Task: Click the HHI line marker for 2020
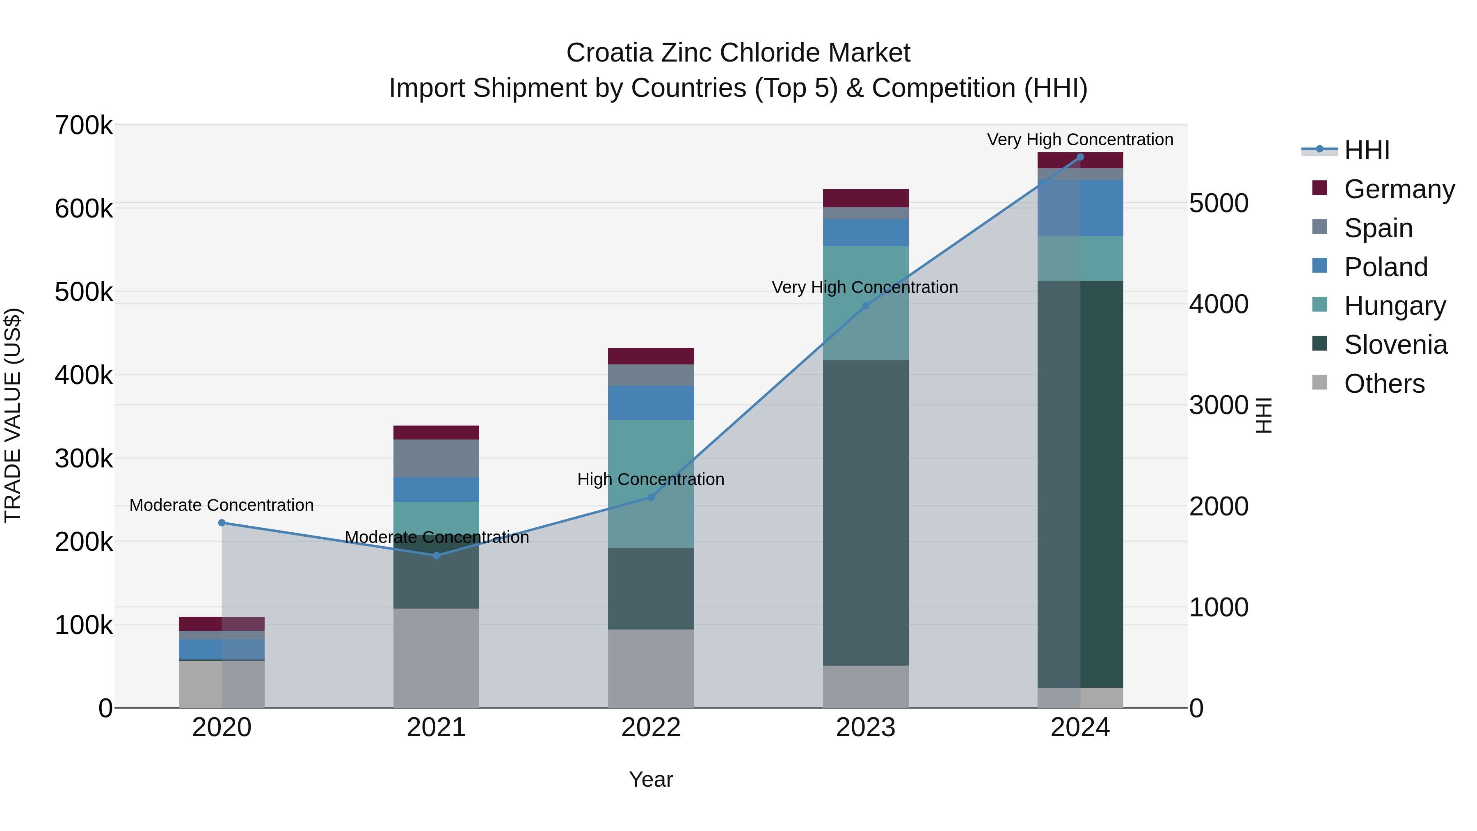[x=222, y=522]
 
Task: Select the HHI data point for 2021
[x=437, y=555]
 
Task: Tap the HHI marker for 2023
[x=866, y=306]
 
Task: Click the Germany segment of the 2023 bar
[x=866, y=198]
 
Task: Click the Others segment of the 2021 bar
[x=437, y=658]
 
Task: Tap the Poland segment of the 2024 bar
[x=1080, y=208]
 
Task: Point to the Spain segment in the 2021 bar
[x=437, y=458]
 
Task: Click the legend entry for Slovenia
[x=1396, y=345]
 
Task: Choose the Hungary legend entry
[x=1395, y=306]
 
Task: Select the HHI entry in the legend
[x=1367, y=150]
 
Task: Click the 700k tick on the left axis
[x=84, y=126]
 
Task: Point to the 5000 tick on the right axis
[x=1219, y=203]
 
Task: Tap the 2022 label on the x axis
[x=651, y=728]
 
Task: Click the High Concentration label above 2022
[x=651, y=479]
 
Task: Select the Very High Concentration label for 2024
[x=1080, y=140]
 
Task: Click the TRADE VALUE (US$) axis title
[x=13, y=415]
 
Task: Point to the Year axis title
[x=651, y=779]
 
